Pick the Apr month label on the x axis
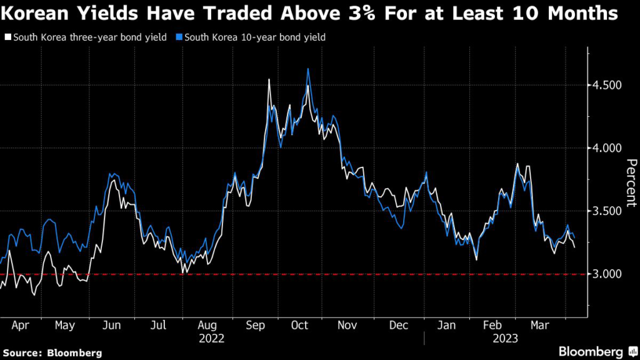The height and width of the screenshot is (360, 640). point(20,326)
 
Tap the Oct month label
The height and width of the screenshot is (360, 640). point(300,326)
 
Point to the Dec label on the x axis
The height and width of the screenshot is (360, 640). point(398,326)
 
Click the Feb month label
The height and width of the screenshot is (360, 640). point(494,326)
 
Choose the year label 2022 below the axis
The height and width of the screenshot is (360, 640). point(212,338)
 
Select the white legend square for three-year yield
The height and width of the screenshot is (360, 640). point(7,37)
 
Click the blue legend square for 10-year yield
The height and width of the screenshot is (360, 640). point(179,37)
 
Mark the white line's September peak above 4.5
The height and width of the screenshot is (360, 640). point(269,80)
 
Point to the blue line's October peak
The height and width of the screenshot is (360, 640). point(308,69)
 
